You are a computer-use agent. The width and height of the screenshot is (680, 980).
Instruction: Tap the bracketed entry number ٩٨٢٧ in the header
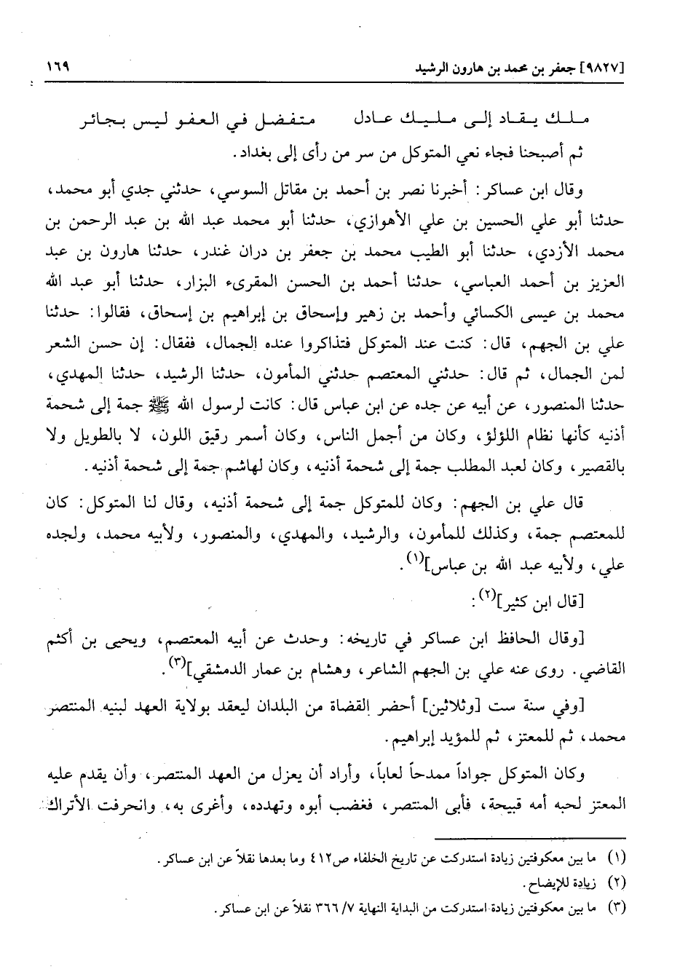(x=607, y=71)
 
